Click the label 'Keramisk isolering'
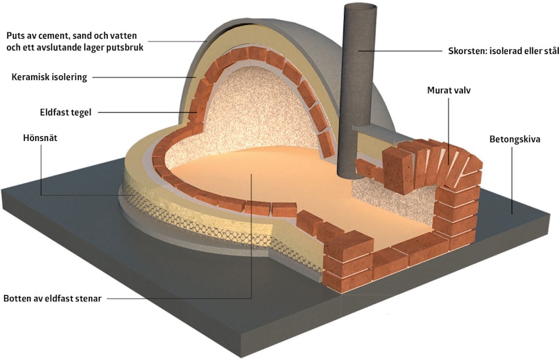[49, 77]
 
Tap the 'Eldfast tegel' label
[66, 112]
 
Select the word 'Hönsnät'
[40, 138]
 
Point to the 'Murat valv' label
[449, 91]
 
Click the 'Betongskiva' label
[515, 139]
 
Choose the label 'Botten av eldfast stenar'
[53, 299]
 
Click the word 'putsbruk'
[126, 48]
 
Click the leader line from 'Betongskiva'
[512, 180]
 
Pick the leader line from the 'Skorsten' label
[400, 51]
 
